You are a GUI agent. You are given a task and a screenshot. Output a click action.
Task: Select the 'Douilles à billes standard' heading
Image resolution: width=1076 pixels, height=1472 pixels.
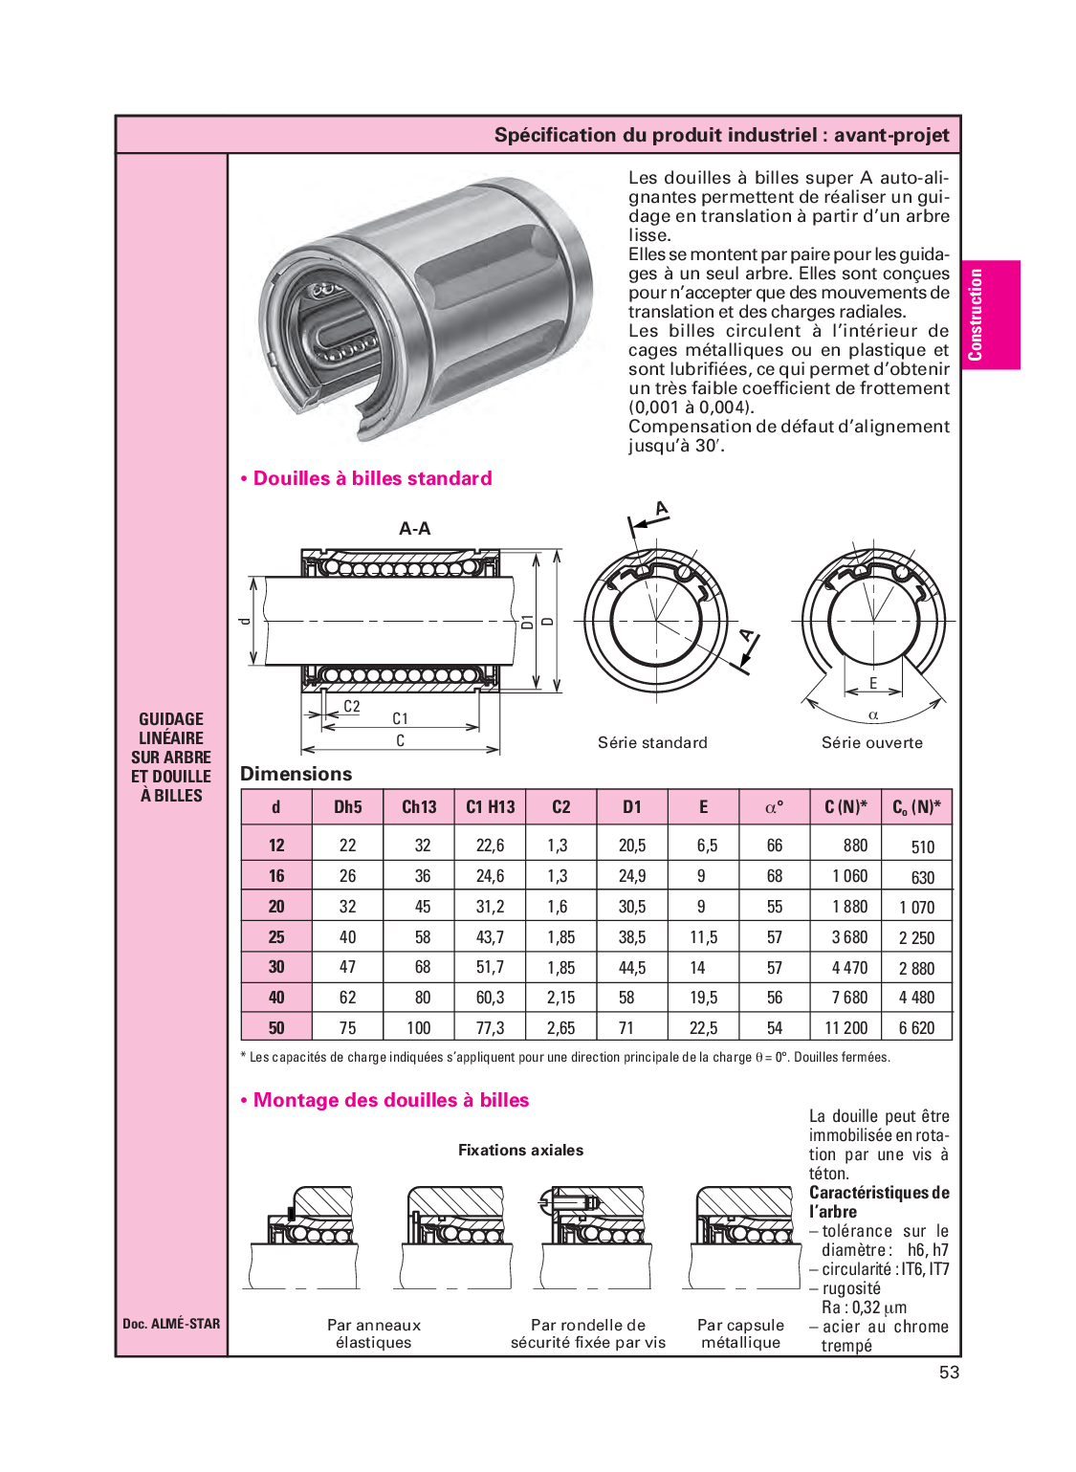[x=372, y=478]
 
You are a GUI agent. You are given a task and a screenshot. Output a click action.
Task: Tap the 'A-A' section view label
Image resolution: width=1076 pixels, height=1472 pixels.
[x=414, y=528]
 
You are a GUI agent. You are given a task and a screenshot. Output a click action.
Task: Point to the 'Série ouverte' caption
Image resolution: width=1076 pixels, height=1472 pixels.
[x=871, y=742]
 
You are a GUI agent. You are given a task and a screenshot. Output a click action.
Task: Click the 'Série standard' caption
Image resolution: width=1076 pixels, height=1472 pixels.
[x=652, y=742]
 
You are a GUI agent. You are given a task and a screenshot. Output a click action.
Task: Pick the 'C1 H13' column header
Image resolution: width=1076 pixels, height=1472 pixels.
[x=490, y=807]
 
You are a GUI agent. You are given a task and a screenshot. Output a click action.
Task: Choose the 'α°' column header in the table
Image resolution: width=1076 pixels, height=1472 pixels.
[x=774, y=807]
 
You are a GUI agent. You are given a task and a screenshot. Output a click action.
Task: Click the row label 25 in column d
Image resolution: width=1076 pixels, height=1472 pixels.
[x=276, y=937]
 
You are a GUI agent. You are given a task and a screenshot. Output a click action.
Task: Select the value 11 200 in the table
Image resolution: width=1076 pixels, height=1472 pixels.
[x=845, y=1028]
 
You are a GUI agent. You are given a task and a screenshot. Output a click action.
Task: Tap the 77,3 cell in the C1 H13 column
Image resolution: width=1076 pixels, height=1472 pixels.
[x=490, y=1028]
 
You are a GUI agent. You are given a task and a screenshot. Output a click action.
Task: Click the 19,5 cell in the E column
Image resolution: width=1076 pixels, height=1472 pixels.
[x=703, y=998]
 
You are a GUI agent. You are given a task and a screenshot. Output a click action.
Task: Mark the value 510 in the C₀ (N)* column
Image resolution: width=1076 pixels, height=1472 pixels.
[x=922, y=846]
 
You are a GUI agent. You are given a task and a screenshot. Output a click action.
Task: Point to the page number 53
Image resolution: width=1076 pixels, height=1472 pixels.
[x=949, y=1373]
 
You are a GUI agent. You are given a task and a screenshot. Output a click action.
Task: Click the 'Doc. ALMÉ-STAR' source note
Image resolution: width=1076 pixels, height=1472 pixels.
[x=171, y=1324]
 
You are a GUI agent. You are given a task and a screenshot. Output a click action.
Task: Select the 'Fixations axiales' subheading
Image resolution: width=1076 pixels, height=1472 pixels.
[x=520, y=1150]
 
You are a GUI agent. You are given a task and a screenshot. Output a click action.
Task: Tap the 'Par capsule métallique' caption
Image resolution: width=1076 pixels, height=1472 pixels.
[x=740, y=1333]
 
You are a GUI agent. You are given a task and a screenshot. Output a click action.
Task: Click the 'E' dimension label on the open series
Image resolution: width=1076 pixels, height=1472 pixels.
[x=873, y=683]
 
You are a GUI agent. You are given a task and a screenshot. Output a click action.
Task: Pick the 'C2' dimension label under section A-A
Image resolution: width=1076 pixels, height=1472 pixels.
[x=351, y=707]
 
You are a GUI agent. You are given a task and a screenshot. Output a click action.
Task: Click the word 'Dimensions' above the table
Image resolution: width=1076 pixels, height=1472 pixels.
[x=296, y=774]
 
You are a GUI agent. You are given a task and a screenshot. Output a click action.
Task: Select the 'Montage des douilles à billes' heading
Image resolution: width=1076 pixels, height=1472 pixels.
[x=390, y=1100]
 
